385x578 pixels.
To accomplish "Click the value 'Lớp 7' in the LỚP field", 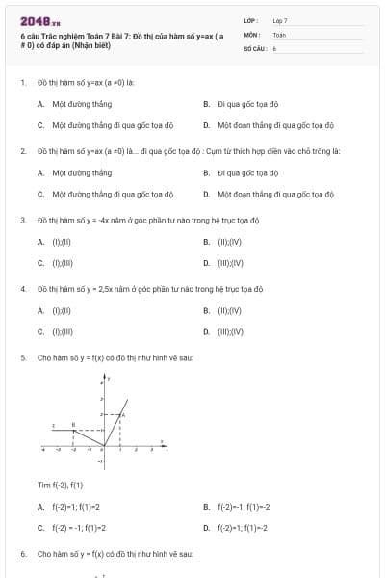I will pyautogui.click(x=280, y=20).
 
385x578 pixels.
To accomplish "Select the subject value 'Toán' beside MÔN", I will pyautogui.click(x=279, y=34).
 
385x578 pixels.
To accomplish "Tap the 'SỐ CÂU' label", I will pyautogui.click(x=254, y=47).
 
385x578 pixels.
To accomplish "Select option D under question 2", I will pyautogui.click(x=274, y=195).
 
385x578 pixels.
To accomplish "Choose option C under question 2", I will pyautogui.click(x=112, y=195).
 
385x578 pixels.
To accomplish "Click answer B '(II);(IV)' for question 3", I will pyautogui.click(x=230, y=241).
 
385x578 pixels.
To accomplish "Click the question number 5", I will pyautogui.click(x=22, y=357).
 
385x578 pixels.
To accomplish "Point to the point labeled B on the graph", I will pyautogui.click(x=74, y=430).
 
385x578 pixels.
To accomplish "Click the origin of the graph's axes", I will pyautogui.click(x=106, y=446).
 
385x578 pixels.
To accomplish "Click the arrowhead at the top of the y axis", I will pyautogui.click(x=106, y=376).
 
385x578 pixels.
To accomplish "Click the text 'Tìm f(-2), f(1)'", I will pyautogui.click(x=61, y=484).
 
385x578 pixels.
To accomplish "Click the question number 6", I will pyautogui.click(x=22, y=555).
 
